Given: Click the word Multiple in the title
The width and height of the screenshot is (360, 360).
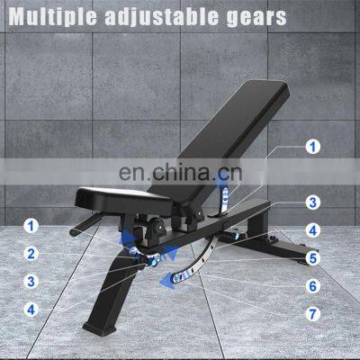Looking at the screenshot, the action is pyautogui.click(x=53, y=16).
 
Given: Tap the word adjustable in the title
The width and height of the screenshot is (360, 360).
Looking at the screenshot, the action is pyautogui.click(x=162, y=17).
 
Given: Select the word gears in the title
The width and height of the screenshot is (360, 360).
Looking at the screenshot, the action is pyautogui.click(x=256, y=18).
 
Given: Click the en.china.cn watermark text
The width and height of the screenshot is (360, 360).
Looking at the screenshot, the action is pyautogui.click(x=180, y=172).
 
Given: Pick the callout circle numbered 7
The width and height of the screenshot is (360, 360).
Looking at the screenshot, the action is pyautogui.click(x=313, y=314).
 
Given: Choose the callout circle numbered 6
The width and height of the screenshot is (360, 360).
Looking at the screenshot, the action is pyautogui.click(x=313, y=286).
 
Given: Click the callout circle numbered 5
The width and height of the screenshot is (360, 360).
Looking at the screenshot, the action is pyautogui.click(x=313, y=258).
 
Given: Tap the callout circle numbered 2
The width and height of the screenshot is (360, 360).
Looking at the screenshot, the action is pyautogui.click(x=31, y=254).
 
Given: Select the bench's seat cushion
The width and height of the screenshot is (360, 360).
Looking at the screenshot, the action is pyautogui.click(x=123, y=199).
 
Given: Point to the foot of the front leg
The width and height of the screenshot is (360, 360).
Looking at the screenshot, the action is pyautogui.click(x=99, y=328).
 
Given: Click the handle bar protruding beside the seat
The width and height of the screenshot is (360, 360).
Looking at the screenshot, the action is pyautogui.click(x=86, y=223).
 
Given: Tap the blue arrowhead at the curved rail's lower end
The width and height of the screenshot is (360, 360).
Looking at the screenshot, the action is pyautogui.click(x=168, y=281).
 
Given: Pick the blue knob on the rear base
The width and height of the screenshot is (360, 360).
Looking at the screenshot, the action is pyautogui.click(x=236, y=235).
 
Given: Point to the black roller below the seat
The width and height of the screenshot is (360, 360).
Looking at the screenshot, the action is pyautogui.click(x=157, y=227).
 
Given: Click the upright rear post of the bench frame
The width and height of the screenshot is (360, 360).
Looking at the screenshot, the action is pyautogui.click(x=259, y=222).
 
